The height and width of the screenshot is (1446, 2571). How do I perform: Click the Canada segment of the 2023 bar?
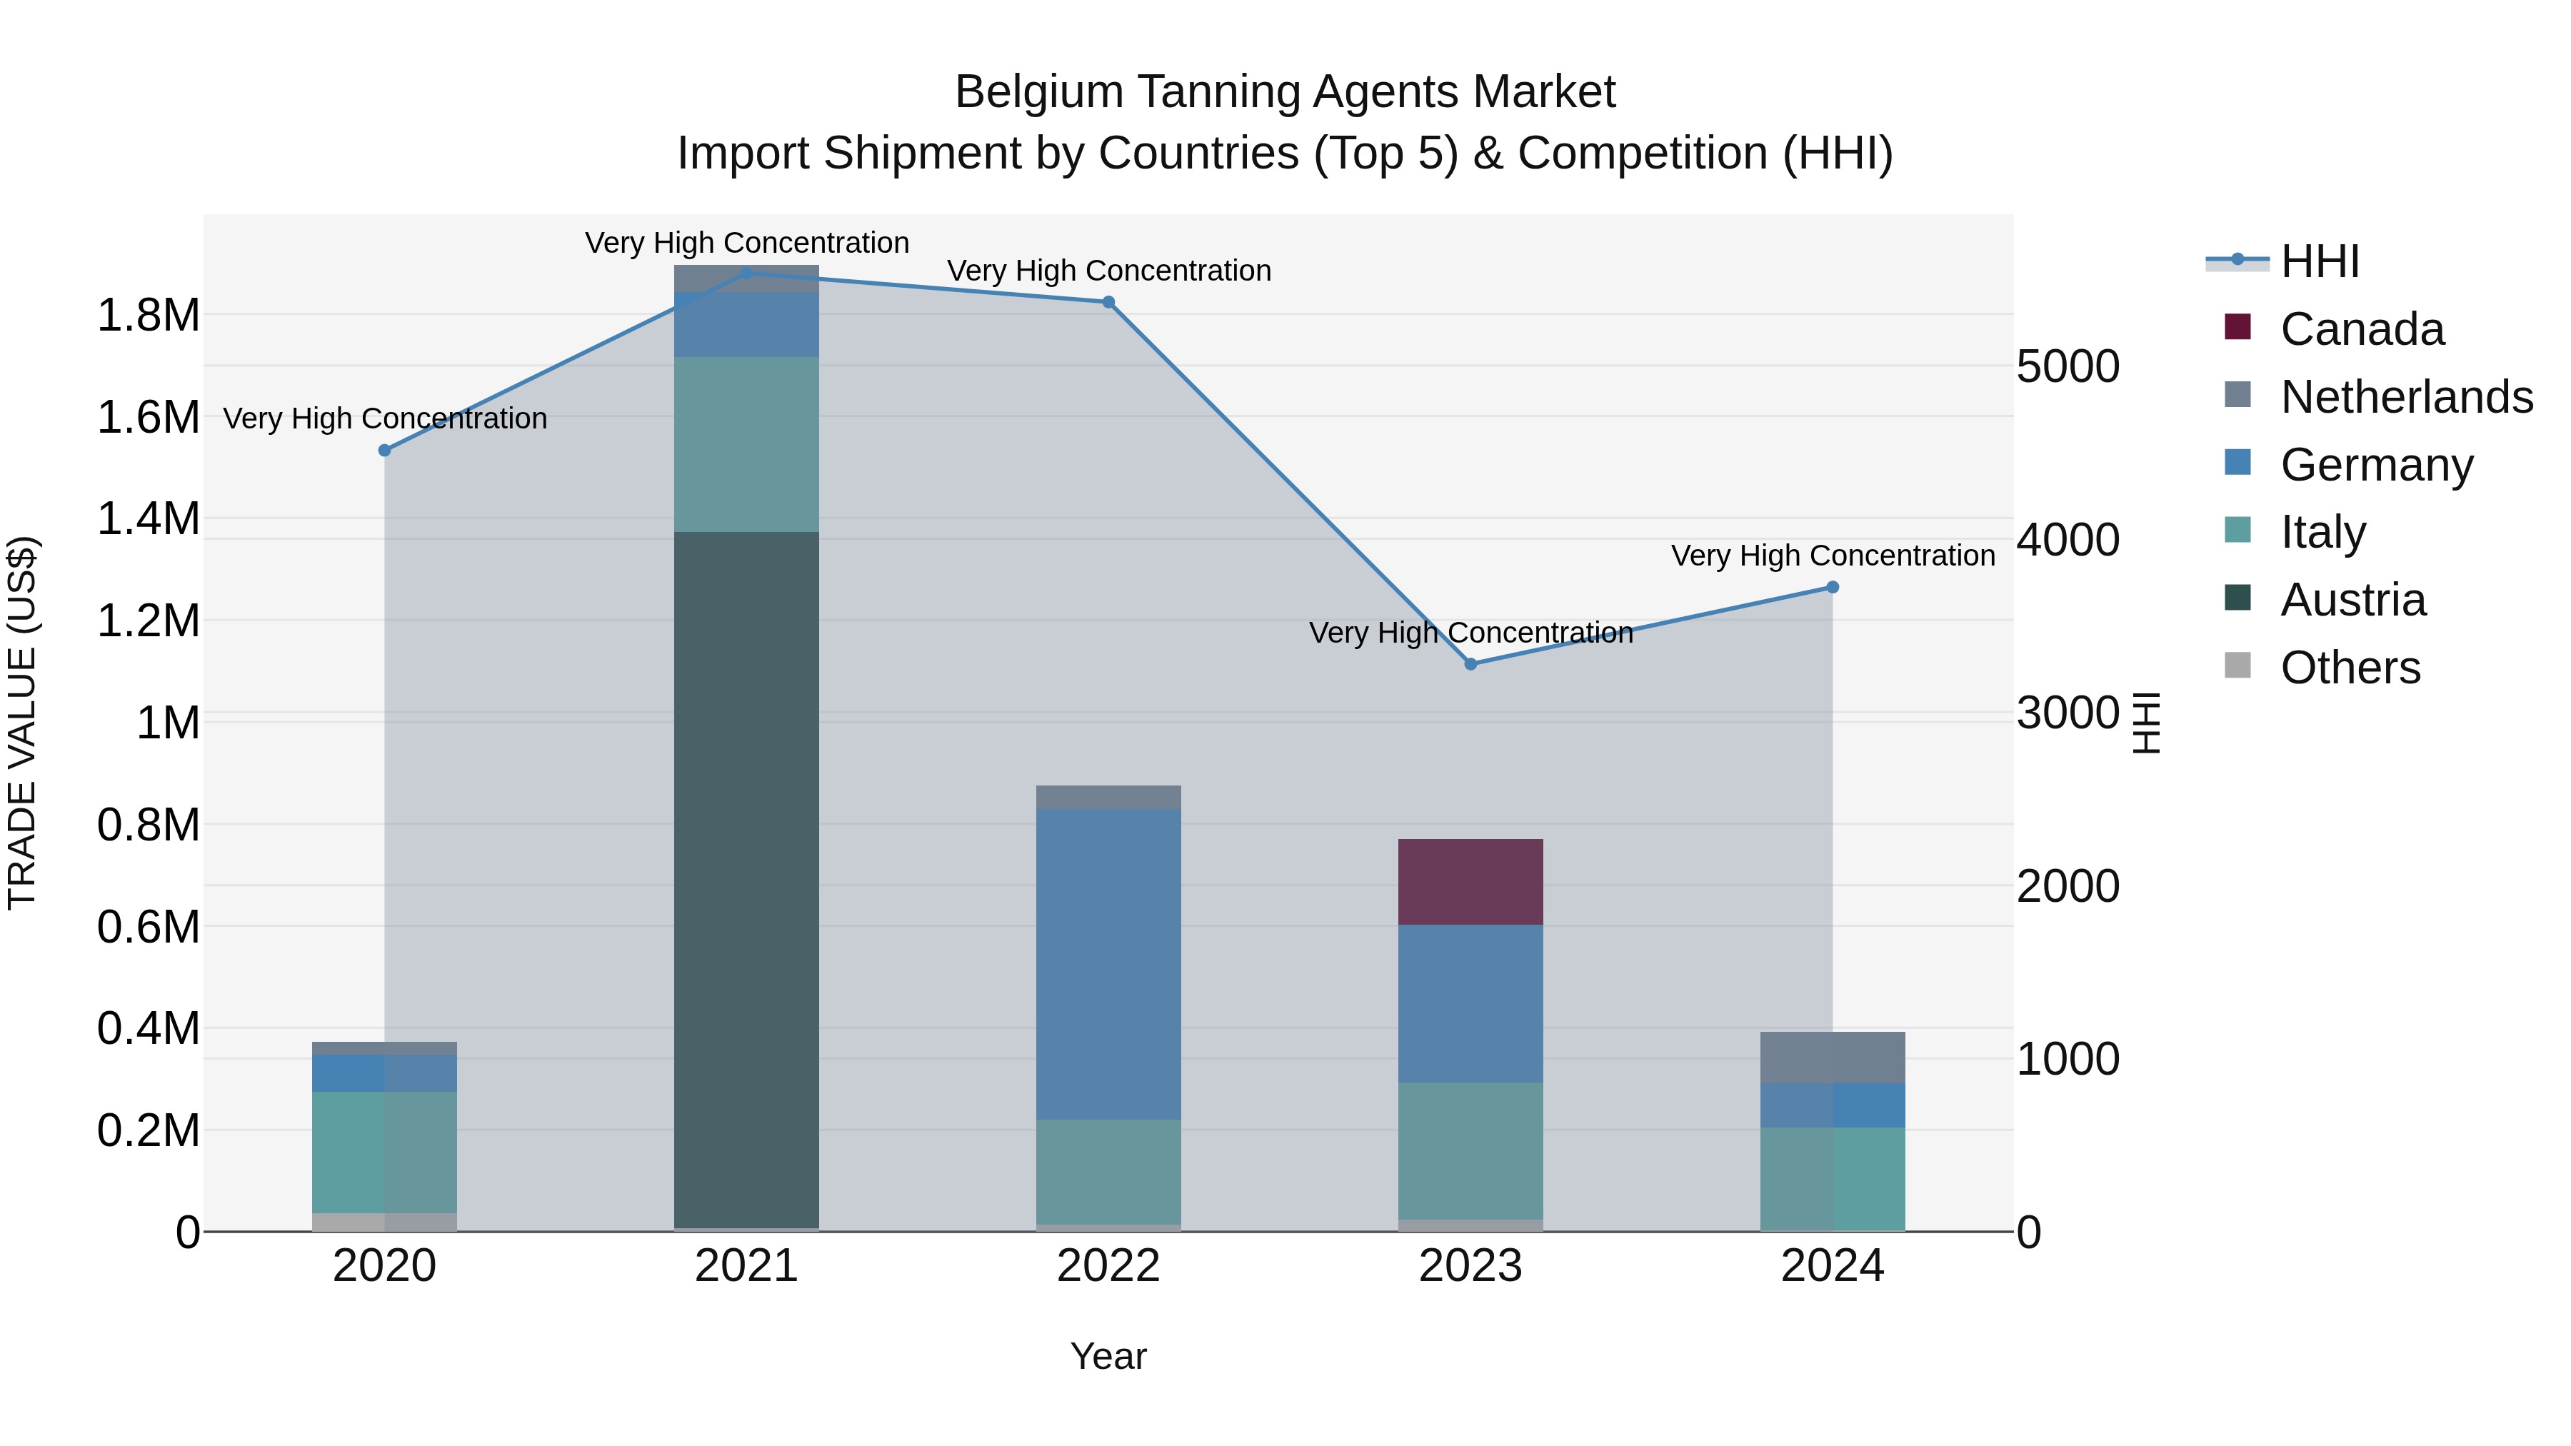click(x=1470, y=881)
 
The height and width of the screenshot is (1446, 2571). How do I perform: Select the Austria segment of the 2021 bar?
click(x=746, y=878)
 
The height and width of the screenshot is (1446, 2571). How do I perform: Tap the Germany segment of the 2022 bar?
click(x=1108, y=963)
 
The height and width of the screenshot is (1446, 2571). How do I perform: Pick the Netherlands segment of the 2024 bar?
click(x=1833, y=1057)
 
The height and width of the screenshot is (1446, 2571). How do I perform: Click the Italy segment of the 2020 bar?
click(x=384, y=1152)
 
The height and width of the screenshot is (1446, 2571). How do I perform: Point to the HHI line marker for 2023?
click(x=1470, y=663)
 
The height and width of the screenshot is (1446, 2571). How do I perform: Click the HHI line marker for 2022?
click(x=1108, y=302)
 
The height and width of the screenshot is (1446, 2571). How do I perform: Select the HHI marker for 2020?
click(x=384, y=450)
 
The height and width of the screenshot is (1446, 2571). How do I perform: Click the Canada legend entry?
click(x=2362, y=329)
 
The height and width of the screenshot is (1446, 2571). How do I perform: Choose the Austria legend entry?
click(x=2352, y=600)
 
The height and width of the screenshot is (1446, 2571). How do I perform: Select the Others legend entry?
click(x=2350, y=668)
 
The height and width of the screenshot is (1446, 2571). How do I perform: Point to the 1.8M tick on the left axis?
click(x=148, y=316)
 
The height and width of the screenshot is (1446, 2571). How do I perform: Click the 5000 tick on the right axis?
click(x=2067, y=366)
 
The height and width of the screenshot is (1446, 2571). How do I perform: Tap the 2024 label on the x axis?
click(x=1833, y=1266)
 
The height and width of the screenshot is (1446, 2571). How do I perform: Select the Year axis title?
click(x=1108, y=1356)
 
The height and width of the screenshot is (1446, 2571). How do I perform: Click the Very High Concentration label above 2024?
click(x=1833, y=555)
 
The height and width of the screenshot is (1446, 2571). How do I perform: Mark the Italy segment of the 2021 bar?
click(x=746, y=444)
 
